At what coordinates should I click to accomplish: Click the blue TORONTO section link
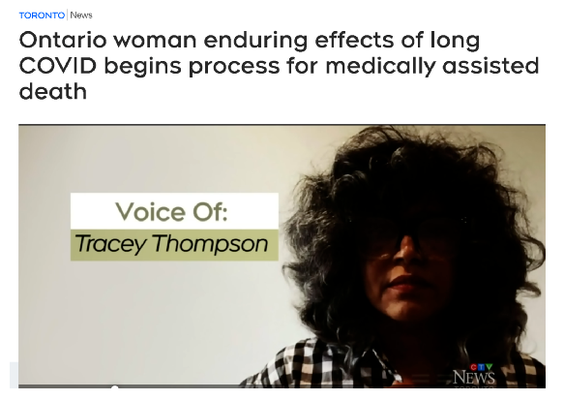pos(42,15)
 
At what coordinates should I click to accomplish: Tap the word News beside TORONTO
pos(81,15)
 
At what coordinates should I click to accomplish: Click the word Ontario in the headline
pos(63,40)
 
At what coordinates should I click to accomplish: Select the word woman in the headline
pos(155,40)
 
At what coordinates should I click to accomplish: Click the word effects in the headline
pos(354,40)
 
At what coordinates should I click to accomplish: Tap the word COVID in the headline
pos(58,66)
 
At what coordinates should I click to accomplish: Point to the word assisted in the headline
pos(490,66)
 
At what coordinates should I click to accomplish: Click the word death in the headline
pos(53,91)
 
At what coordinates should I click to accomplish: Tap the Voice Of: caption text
pos(171,211)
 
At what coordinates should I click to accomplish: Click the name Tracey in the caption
pos(110,244)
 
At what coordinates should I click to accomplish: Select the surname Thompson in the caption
pos(211,244)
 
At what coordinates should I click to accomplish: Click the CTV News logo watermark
pos(474,375)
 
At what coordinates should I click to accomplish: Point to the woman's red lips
pos(406,281)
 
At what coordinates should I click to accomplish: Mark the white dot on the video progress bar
pos(115,387)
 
